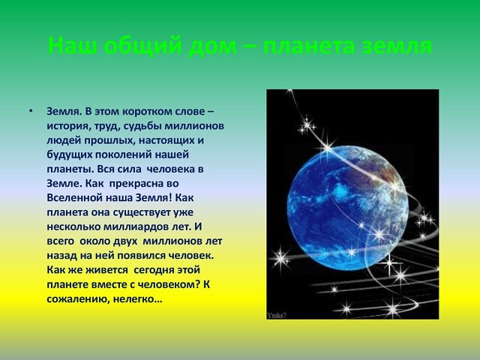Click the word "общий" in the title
144,46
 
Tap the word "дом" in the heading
213,46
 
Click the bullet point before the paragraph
30,111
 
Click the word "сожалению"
76,299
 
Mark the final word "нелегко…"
137,299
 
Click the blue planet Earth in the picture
348,208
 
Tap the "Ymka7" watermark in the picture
277,315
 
